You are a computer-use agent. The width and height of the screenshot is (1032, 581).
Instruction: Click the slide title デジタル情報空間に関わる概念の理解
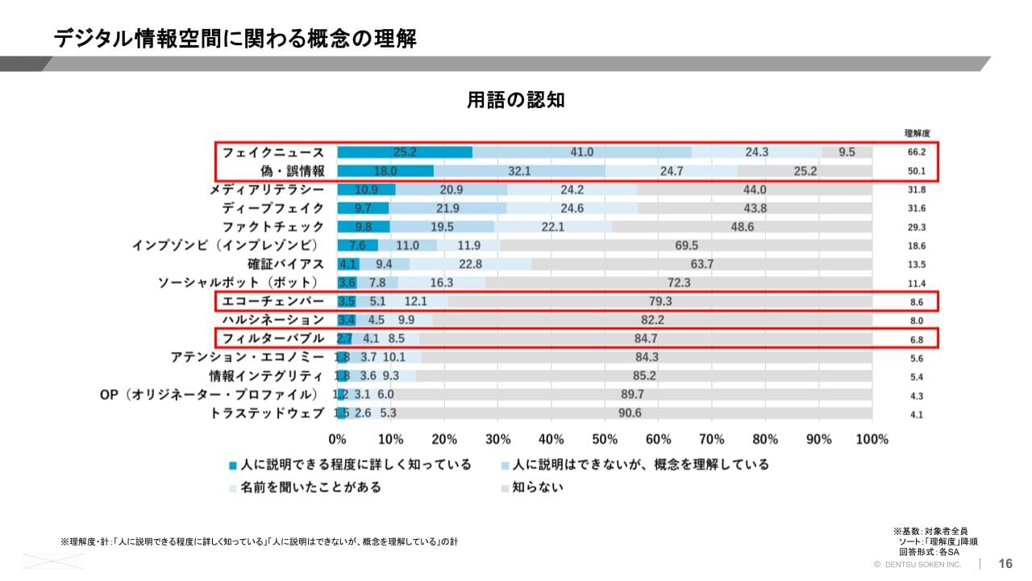click(235, 39)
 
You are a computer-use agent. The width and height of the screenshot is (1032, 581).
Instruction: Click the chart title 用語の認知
click(516, 100)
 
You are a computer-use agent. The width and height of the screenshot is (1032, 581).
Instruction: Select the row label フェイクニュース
click(273, 152)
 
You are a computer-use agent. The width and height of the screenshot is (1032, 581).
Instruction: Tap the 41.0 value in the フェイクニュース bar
click(581, 152)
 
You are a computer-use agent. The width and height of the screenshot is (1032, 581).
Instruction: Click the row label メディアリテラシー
click(267, 190)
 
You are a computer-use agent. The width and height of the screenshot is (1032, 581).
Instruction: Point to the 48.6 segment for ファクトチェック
click(742, 227)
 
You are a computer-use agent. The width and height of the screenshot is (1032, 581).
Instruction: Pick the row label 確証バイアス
click(286, 264)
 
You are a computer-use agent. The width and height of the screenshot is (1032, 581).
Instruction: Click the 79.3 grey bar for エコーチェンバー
click(660, 301)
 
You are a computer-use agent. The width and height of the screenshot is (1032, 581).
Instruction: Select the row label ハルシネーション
click(273, 320)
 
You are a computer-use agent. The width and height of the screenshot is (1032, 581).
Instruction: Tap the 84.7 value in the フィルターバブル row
click(645, 338)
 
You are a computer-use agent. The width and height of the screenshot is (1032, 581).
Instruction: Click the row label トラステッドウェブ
click(267, 413)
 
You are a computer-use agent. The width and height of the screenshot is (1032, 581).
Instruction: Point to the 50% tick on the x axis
click(605, 439)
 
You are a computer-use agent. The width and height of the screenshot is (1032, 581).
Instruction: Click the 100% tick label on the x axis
click(871, 439)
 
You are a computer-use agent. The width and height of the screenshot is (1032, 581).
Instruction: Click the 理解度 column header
click(918, 133)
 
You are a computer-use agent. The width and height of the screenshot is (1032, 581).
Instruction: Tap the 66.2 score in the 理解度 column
click(917, 152)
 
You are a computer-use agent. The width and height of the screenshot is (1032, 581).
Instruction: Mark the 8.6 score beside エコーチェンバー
click(917, 302)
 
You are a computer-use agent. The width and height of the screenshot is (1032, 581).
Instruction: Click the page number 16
click(1005, 563)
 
